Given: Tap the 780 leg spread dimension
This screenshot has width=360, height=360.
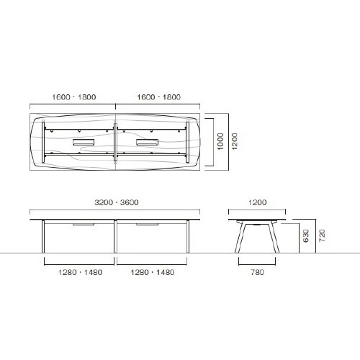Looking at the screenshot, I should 258,272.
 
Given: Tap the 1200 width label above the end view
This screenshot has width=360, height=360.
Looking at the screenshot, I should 258,204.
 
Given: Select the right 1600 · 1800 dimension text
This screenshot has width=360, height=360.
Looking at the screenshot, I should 158,96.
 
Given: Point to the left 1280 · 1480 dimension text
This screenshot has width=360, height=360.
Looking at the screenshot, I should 79,272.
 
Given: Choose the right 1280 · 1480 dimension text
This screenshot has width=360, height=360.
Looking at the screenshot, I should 151,272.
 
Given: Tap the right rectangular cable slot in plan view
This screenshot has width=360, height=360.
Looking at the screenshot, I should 148,142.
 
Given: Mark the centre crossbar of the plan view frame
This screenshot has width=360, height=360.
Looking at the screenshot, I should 115,142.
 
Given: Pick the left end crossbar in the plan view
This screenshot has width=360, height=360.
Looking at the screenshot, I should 46,142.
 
